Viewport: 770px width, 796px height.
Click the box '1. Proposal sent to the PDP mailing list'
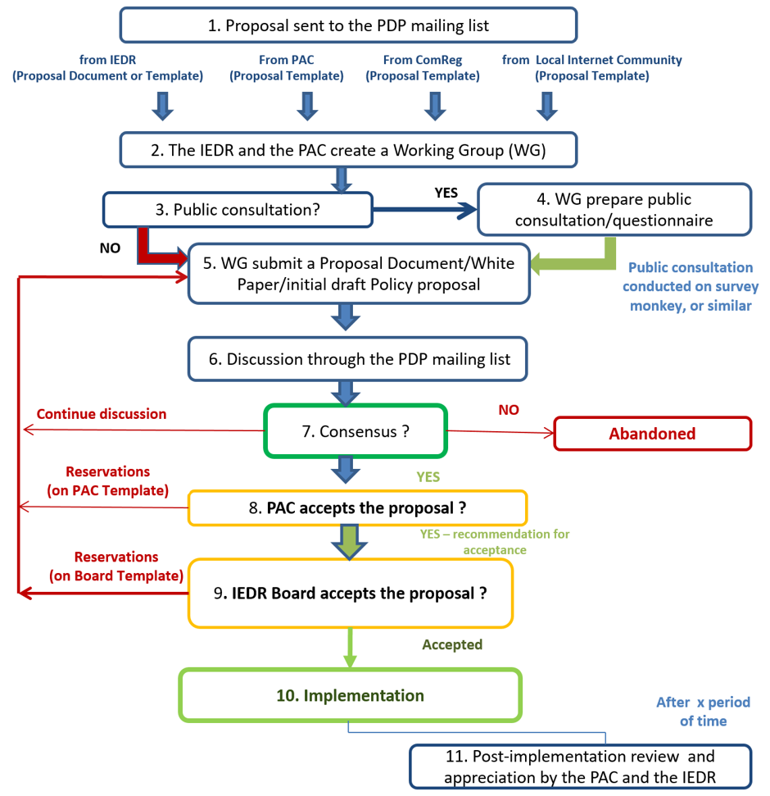(348, 25)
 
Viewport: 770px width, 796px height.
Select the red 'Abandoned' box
(652, 434)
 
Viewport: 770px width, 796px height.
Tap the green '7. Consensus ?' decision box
(355, 431)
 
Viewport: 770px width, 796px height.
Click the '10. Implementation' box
(350, 696)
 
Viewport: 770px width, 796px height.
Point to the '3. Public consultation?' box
(238, 210)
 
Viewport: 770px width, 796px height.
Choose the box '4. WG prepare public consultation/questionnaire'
(614, 210)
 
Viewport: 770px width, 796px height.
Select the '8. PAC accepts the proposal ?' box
(357, 508)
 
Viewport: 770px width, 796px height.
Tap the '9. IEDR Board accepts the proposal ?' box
(351, 593)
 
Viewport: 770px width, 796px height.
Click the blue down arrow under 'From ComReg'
(432, 106)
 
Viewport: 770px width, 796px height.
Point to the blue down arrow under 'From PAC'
(306, 106)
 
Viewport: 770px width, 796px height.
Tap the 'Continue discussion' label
(102, 414)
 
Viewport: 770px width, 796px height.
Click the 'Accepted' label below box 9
(452, 644)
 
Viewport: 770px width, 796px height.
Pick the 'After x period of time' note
(703, 712)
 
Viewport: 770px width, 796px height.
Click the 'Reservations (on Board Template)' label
(115, 566)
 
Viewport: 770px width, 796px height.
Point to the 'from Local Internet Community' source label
(591, 67)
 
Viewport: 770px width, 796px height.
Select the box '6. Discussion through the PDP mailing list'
(357, 359)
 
